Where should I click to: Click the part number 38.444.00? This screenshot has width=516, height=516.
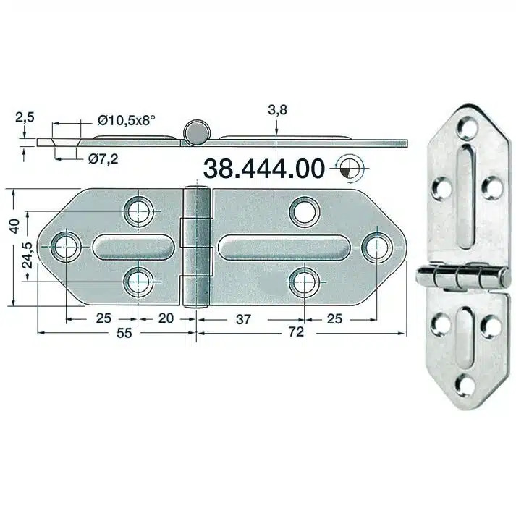(x=263, y=168)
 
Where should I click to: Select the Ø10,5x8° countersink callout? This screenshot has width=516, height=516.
(x=136, y=119)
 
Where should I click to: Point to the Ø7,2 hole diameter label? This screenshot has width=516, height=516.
(x=103, y=157)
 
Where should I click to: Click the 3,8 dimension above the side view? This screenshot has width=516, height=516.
(x=277, y=110)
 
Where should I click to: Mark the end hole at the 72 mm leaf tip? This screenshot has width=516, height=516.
(x=376, y=247)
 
